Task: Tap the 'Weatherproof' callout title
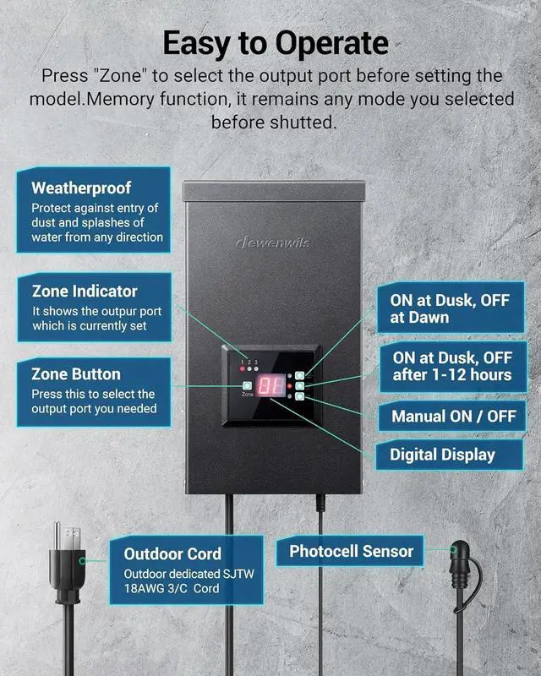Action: [x=81, y=188]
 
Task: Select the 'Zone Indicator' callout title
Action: [x=85, y=291]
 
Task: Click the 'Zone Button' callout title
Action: [x=76, y=373]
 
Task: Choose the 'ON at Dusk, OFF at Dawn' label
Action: [x=445, y=308]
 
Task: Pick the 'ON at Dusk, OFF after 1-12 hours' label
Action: [x=451, y=366]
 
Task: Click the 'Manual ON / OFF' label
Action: [x=453, y=416]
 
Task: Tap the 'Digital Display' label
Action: [x=442, y=455]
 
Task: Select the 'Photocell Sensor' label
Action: [x=352, y=551]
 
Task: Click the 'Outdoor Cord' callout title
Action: [x=172, y=553]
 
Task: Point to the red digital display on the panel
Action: [x=270, y=386]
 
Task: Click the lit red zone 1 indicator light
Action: [x=243, y=369]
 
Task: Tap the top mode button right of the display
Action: [x=299, y=374]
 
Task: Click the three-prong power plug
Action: [x=65, y=558]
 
